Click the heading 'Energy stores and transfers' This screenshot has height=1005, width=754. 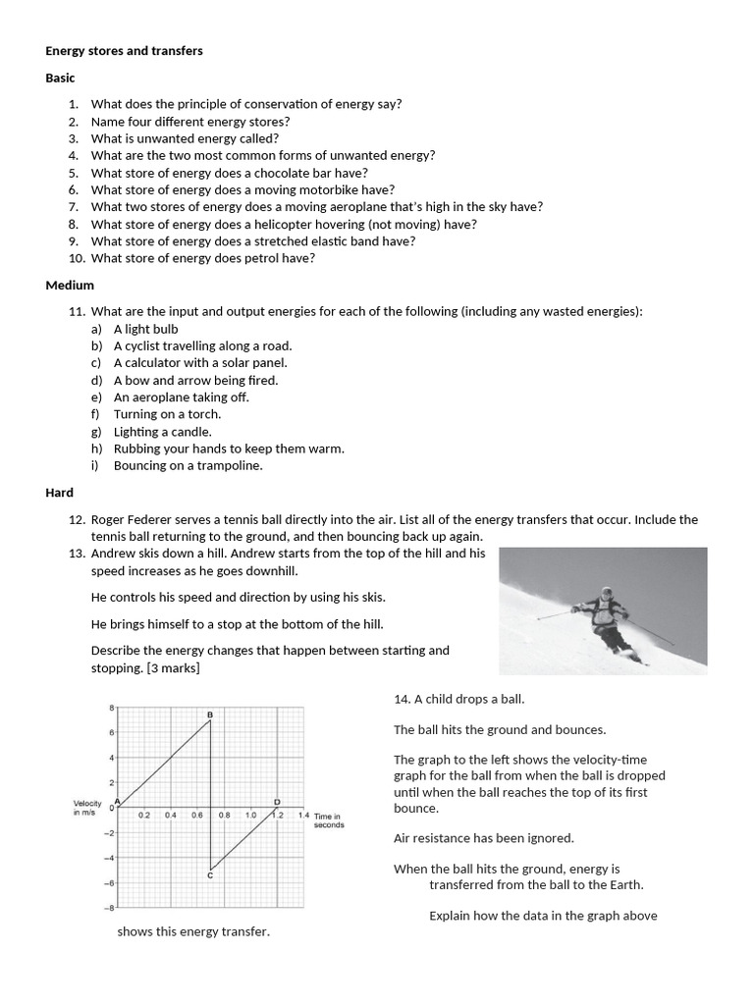point(124,51)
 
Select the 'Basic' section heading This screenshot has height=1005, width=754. point(61,78)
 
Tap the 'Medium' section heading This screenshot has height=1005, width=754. point(70,285)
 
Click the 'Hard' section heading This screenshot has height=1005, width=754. point(59,492)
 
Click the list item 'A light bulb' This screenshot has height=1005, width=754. point(145,329)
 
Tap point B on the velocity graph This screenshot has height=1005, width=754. point(210,714)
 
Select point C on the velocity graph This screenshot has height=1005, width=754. point(210,873)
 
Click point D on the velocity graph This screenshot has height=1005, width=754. point(276,802)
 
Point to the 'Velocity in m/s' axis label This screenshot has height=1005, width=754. point(89,808)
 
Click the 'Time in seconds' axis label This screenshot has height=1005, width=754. point(329,820)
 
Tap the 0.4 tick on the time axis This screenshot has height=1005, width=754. point(170,815)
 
